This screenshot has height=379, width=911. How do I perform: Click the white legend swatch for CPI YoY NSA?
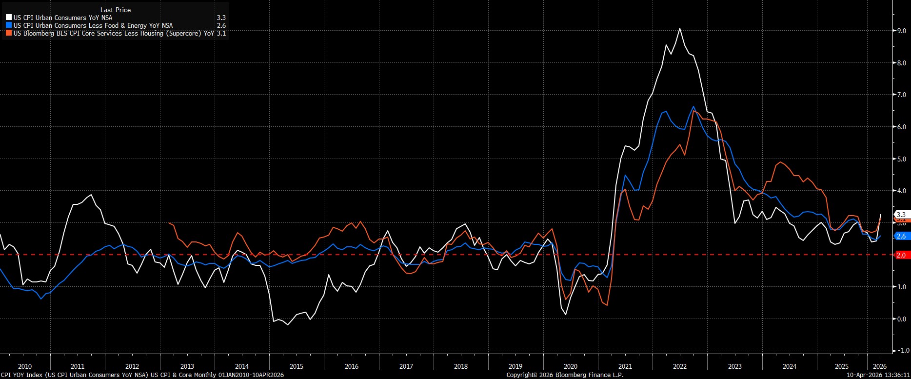tap(9, 18)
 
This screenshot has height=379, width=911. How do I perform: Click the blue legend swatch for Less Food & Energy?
tap(9, 25)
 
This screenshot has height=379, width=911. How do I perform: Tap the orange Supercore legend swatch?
tap(9, 34)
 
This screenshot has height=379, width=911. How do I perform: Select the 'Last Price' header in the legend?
tap(116, 10)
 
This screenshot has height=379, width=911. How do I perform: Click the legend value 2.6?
tap(221, 25)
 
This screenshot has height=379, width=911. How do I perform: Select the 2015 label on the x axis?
tap(297, 366)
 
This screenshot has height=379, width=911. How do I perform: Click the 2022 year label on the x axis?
tap(680, 366)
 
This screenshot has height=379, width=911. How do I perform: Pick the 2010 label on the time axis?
tap(24, 366)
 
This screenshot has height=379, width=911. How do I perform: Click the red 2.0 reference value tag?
tap(901, 255)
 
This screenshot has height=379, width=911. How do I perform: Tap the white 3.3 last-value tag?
tap(901, 215)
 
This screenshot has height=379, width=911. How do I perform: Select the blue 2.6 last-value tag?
tap(901, 236)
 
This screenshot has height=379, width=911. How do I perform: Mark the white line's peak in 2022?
tap(680, 28)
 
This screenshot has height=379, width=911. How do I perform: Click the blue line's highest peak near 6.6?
tap(693, 106)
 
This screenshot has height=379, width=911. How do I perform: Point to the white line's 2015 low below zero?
tap(287, 324)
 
